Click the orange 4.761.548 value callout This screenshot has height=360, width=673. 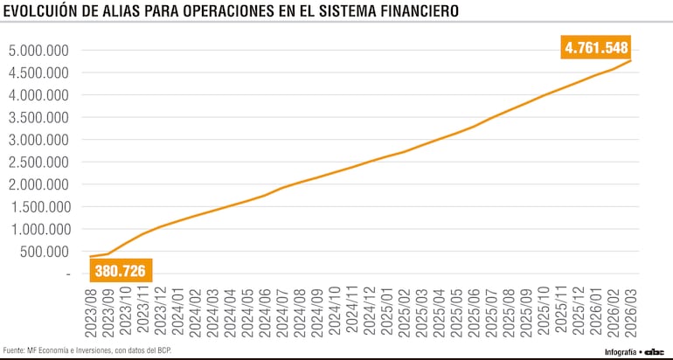tap(596, 48)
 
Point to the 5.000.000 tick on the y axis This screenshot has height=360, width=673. tap(38, 51)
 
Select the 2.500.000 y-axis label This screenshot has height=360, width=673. tap(38, 163)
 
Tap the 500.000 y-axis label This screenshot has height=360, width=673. tap(43, 252)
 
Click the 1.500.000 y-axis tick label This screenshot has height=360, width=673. tap(38, 207)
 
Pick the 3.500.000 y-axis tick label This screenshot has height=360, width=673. tap(38, 118)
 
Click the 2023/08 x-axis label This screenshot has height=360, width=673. tap(90, 308)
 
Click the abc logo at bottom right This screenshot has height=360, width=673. tap(656, 351)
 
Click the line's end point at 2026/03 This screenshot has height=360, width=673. tap(631, 60)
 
